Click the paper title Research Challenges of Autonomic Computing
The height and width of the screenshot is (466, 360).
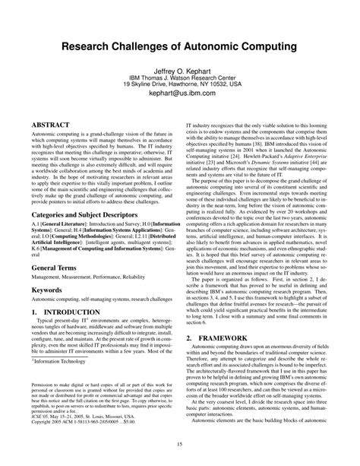tap(180, 47)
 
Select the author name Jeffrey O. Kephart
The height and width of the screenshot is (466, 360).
tap(180, 68)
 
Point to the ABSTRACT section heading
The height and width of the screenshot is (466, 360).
tap(47, 121)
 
